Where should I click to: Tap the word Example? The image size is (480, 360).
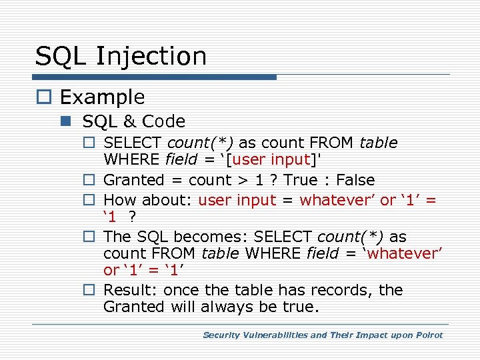click(x=102, y=97)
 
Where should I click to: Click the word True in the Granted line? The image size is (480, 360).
click(x=299, y=180)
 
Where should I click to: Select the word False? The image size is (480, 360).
click(x=355, y=180)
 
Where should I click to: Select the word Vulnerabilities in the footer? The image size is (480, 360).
click(x=274, y=335)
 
